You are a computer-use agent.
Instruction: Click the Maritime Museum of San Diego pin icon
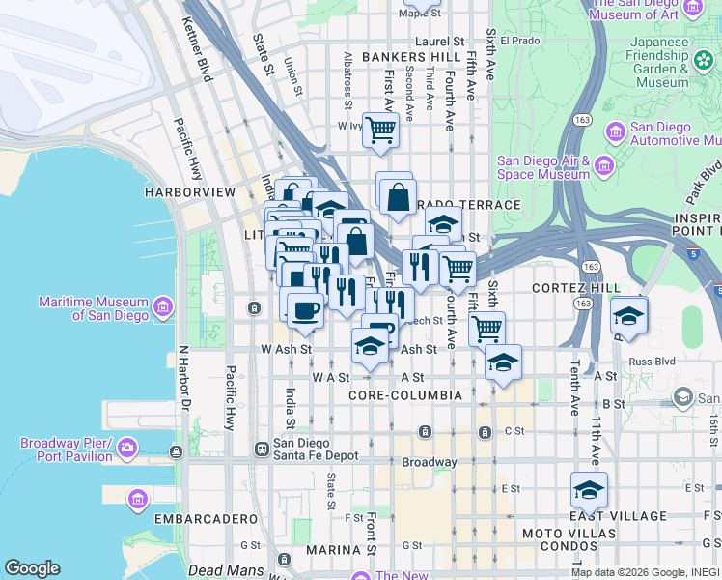(163, 308)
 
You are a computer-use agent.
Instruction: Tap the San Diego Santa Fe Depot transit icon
(261, 449)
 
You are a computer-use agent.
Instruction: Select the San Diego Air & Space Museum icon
(604, 167)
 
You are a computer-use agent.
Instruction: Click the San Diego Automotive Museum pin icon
(612, 132)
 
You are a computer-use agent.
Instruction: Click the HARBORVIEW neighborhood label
(190, 192)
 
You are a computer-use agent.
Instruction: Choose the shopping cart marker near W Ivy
(381, 129)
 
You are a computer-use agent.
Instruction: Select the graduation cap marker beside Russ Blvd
(628, 315)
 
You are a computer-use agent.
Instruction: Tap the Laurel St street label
(440, 42)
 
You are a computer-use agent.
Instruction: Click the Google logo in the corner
(32, 568)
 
